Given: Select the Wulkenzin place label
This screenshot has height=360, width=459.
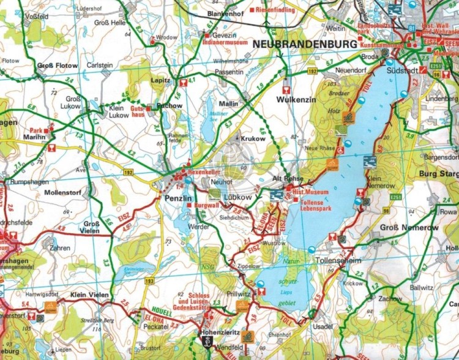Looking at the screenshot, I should point(296,99).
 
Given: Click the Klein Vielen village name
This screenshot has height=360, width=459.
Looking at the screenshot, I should point(90,295).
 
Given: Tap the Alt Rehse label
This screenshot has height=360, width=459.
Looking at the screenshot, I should point(287,178).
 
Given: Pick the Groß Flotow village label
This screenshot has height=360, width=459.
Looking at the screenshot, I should point(58,66).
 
